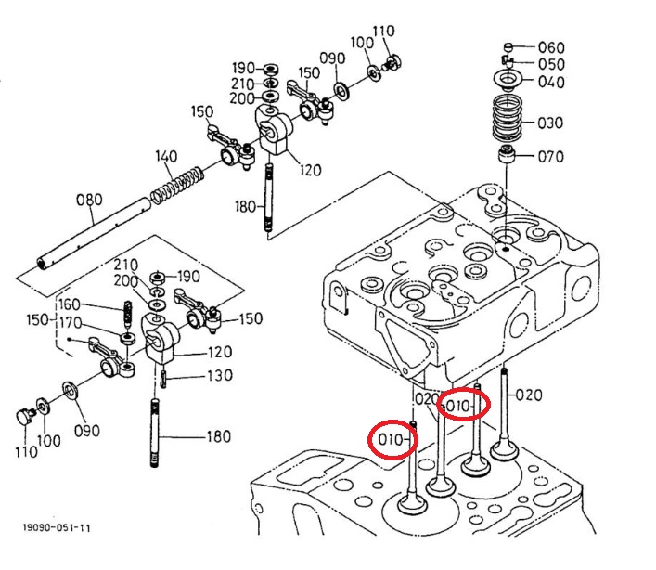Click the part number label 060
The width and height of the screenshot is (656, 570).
[551, 47]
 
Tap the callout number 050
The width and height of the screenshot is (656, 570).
[551, 64]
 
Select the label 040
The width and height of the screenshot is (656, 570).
[551, 82]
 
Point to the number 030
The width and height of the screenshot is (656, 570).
[550, 123]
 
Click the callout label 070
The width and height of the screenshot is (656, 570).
[550, 157]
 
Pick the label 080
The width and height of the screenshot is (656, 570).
[89, 200]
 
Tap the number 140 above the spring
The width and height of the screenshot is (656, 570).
[166, 156]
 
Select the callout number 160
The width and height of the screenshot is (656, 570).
[69, 304]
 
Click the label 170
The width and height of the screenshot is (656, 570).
[71, 323]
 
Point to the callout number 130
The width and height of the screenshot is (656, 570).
[220, 375]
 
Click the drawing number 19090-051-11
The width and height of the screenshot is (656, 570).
[56, 527]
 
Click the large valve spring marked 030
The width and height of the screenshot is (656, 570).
[507, 118]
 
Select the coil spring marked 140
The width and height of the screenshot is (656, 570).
[177, 186]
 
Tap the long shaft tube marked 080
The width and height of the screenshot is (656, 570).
[93, 234]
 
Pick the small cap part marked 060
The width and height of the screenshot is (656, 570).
[508, 46]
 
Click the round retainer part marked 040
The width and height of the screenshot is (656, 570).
[508, 80]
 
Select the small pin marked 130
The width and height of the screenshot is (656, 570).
[163, 379]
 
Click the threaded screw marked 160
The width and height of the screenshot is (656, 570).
[128, 315]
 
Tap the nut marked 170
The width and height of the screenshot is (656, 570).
[128, 338]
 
